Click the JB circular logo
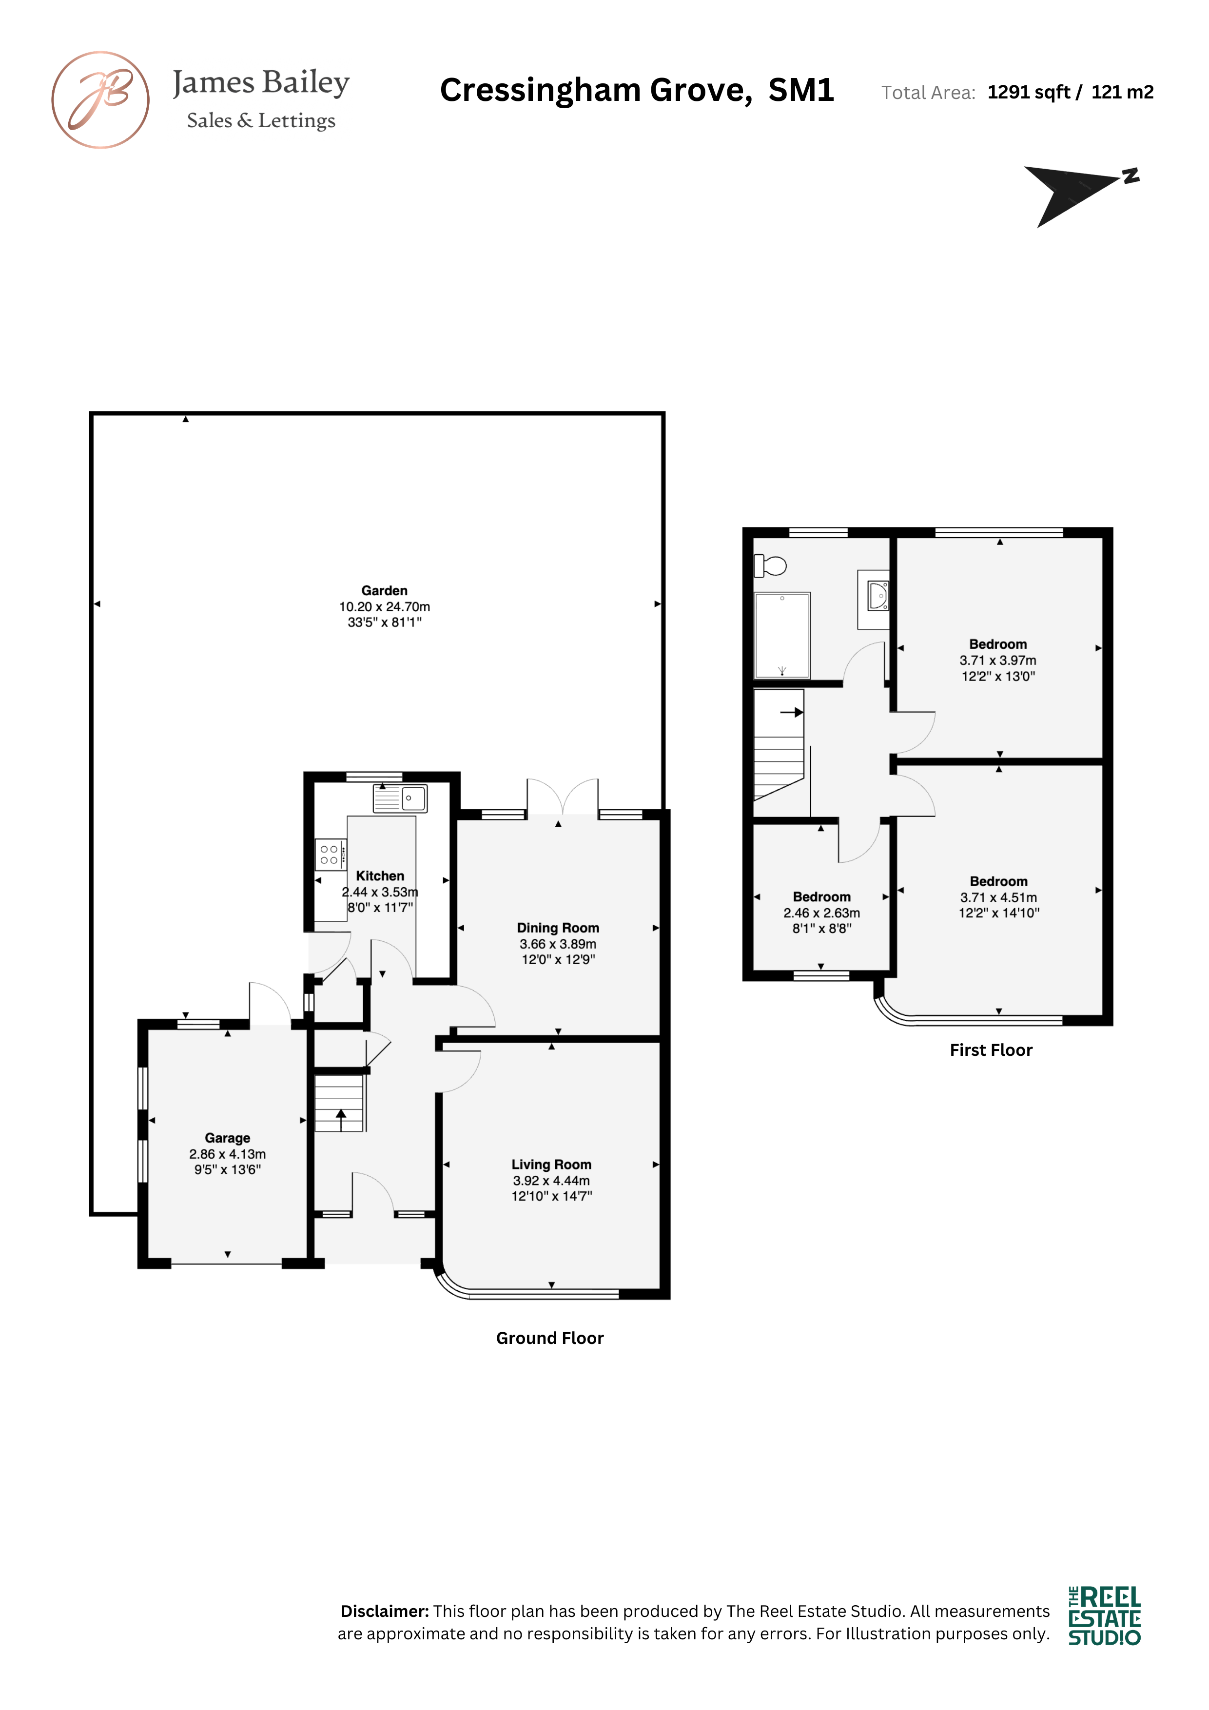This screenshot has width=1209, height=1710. coord(100,100)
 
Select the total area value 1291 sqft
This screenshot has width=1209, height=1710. coord(1029,92)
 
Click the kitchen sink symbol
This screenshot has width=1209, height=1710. coord(400,798)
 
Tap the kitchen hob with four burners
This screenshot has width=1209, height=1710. coord(331,854)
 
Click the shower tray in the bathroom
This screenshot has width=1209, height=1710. coord(782,635)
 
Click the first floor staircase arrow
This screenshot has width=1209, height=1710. coord(791,712)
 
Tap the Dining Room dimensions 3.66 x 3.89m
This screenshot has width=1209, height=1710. coord(558,944)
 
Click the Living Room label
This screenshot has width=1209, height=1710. coord(551,1164)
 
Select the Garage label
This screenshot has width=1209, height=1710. coord(227,1138)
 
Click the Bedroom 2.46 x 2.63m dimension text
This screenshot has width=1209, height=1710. coord(821,913)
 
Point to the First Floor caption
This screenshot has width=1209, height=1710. coord(991,1050)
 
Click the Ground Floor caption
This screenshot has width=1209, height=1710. coord(550,1339)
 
